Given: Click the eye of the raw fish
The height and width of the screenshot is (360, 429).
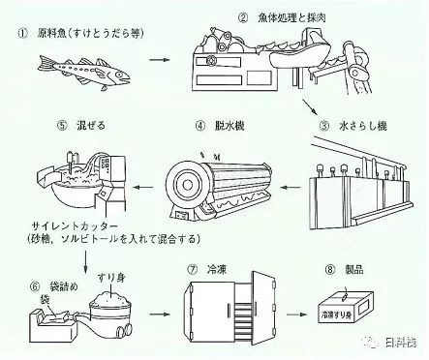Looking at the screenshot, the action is (119, 75).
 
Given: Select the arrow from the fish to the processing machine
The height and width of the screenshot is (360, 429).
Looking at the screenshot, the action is (160, 60).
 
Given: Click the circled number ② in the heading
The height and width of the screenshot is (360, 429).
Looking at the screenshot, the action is (243, 17).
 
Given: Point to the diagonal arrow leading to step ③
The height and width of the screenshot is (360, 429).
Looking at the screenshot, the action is (310, 106).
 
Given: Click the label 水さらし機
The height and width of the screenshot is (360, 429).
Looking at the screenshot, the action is (362, 126).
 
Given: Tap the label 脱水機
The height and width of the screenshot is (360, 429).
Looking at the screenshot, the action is (229, 125).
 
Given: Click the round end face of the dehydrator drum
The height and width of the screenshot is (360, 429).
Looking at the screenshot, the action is (186, 185).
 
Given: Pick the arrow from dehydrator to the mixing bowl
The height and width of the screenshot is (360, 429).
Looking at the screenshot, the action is (143, 187).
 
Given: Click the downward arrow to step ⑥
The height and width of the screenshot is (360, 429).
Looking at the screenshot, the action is (85, 261).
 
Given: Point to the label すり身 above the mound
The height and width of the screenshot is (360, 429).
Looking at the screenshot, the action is (110, 278).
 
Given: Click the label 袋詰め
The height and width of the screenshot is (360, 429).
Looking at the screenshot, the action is (64, 286).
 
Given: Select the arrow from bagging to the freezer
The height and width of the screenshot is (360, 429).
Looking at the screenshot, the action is (160, 314).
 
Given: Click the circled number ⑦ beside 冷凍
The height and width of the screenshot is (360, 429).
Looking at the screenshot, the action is (193, 270).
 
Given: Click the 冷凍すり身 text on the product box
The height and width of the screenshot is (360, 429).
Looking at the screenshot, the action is (336, 314).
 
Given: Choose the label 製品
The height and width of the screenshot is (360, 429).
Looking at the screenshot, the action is (353, 270).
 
